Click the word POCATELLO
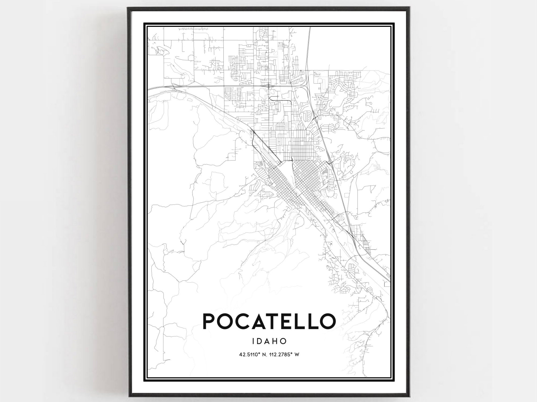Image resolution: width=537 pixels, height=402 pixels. [x=269, y=321]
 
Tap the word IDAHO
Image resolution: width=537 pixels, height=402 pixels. [x=269, y=341]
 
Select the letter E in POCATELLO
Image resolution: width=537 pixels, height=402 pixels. [x=289, y=321]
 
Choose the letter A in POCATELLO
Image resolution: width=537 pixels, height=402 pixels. [x=259, y=321]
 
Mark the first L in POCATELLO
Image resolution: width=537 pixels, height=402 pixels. [x=302, y=321]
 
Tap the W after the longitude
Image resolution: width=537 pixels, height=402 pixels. [x=297, y=355]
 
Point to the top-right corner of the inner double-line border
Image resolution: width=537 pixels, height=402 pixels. [x=394, y=24]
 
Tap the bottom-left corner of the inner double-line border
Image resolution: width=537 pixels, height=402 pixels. [x=144, y=381]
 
